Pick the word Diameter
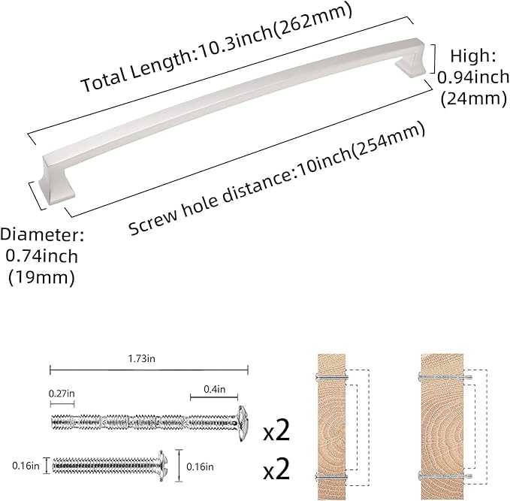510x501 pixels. point(41,234)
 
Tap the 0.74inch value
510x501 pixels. point(41,255)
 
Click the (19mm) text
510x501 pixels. point(41,277)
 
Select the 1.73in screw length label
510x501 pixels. point(141,360)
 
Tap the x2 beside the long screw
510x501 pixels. point(276,431)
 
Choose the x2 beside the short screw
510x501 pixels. point(276,470)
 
